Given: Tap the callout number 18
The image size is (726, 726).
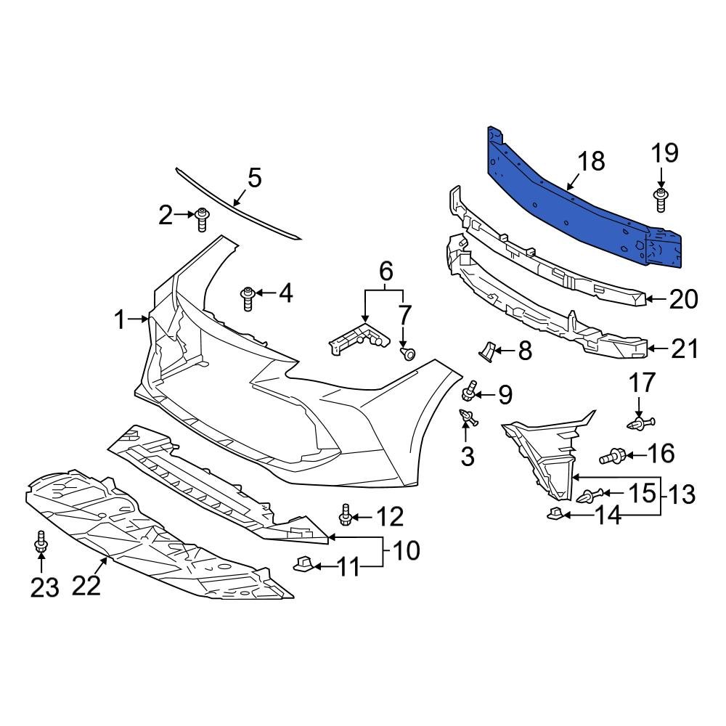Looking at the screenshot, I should click(592, 161).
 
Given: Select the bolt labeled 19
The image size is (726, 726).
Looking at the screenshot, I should click(661, 199).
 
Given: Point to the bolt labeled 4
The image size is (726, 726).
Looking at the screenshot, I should click(248, 296).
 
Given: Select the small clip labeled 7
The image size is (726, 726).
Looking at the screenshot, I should click(408, 354).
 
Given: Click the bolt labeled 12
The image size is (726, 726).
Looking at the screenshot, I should click(346, 516).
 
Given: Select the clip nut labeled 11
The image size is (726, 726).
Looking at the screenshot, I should click(305, 563).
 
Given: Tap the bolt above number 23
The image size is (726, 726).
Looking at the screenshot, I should click(41, 544).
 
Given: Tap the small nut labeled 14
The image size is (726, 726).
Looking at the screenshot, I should click(555, 515).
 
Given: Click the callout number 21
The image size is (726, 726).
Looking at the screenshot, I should click(683, 349).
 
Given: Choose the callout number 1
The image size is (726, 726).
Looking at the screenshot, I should click(120, 319).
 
